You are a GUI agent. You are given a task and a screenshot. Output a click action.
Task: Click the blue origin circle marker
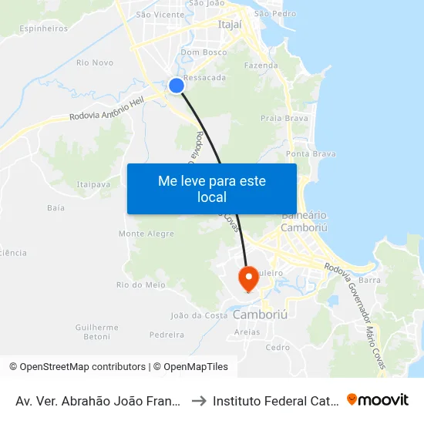pos(177,86)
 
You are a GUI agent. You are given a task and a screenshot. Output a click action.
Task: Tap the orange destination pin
pos(248,278)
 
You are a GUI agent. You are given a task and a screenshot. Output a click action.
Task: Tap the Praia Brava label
pos(284,119)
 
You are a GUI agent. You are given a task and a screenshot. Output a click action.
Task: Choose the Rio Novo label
pos(96,62)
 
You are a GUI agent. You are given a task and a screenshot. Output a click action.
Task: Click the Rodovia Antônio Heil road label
pos(106,111)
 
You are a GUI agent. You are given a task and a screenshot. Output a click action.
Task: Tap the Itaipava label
pos(93,184)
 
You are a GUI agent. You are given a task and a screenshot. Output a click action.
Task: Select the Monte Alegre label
pos(146,234)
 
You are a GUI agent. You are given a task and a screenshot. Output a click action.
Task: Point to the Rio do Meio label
pos(141,284)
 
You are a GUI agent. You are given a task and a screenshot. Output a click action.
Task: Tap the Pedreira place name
pos(167,335)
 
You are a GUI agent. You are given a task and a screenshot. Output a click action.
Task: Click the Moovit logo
pos(378,399)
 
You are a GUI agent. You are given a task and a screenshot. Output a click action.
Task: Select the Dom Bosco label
pos(204,52)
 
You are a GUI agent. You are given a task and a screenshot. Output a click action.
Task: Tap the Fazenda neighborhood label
pos(261,66)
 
